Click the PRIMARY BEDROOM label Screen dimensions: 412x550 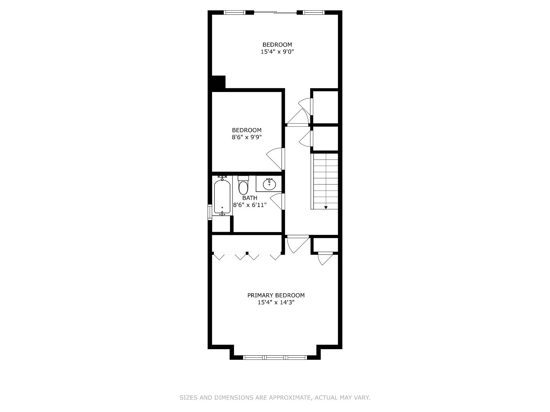276,295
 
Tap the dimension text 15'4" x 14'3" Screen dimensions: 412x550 276,302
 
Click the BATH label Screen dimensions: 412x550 250,198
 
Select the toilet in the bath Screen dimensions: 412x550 243,186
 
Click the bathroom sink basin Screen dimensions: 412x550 269,184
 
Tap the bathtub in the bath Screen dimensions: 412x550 222,197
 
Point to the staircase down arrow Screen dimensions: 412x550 326,207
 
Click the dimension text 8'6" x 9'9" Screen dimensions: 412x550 246,137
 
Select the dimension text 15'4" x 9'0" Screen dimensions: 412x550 277,52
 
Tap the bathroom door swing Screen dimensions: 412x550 277,201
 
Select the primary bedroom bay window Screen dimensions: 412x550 275,357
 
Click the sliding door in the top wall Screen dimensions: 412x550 275,13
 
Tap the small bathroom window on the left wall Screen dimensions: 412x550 210,211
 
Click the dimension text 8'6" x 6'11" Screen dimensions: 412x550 250,205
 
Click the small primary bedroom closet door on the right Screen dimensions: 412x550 325,258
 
